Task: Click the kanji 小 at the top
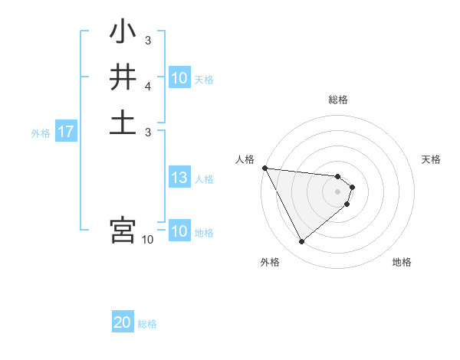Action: point(123,32)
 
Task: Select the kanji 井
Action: point(123,77)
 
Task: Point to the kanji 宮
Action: point(123,230)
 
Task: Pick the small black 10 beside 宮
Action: point(148,240)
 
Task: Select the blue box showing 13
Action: point(179,178)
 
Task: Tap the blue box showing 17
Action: point(66,133)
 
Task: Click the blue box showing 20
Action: point(123,323)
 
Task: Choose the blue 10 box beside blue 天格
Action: point(179,78)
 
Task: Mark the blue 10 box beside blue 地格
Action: point(179,231)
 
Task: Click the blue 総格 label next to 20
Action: point(147,324)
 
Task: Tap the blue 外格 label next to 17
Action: point(41,133)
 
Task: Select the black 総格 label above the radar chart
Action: point(338,100)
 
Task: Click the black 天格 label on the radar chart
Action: point(432,159)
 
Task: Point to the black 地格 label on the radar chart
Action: point(402,263)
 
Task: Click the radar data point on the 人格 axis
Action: point(264,168)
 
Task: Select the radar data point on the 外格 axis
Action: point(301,242)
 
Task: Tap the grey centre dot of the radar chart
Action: point(338,191)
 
